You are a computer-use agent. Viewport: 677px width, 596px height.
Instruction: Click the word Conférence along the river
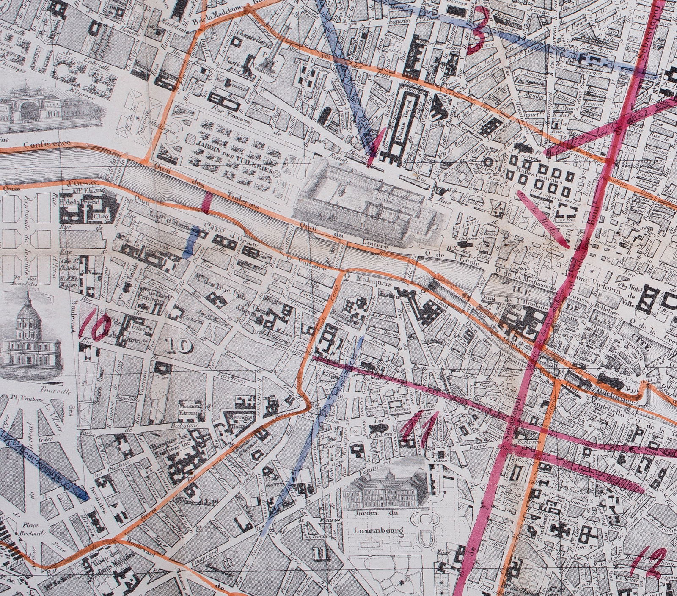click(47, 144)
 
